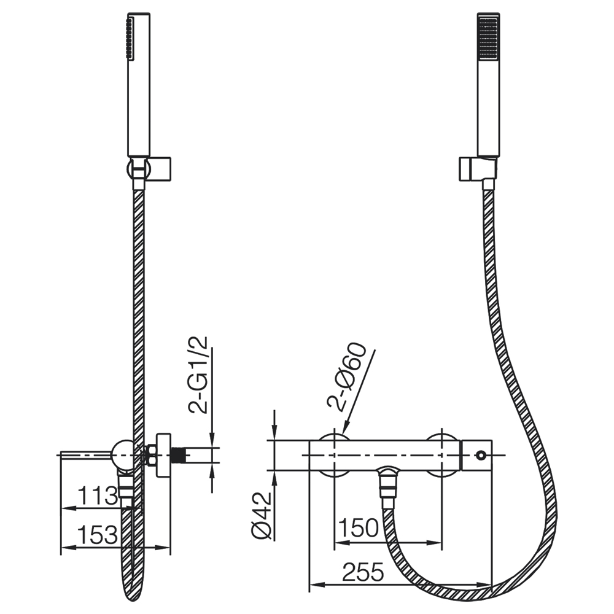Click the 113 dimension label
click(x=98, y=495)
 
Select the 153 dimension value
click(x=98, y=534)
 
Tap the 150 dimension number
click(x=359, y=528)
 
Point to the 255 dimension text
click(x=363, y=572)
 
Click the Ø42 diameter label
click(x=262, y=516)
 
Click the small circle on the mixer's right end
click(x=480, y=455)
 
